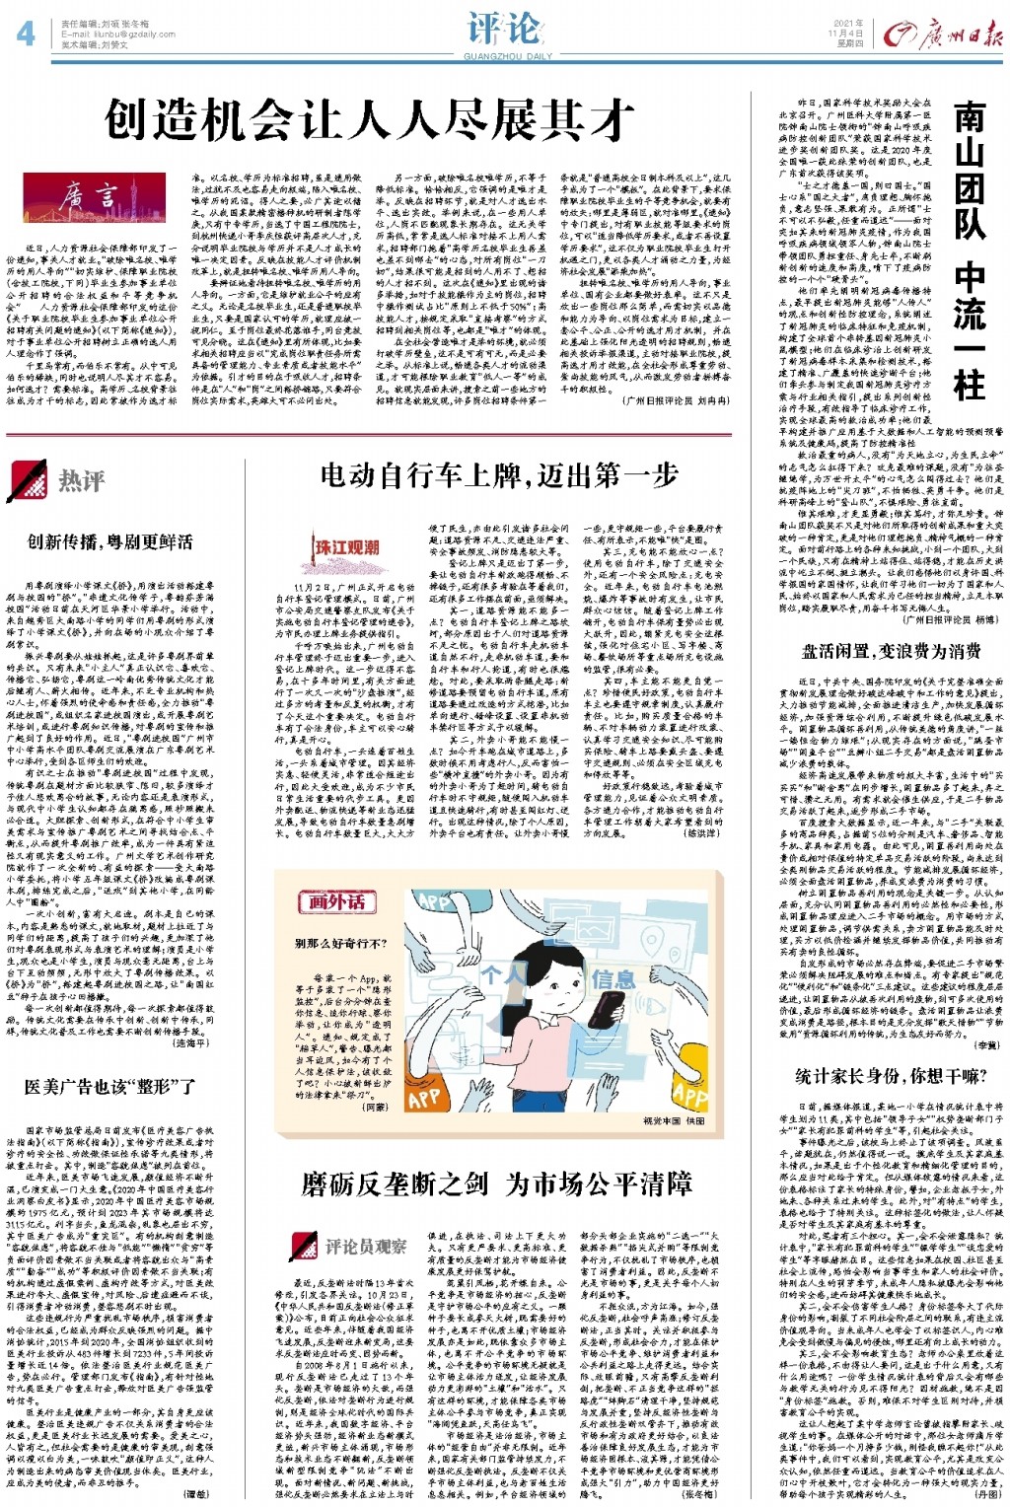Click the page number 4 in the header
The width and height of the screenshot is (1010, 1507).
pyautogui.click(x=26, y=36)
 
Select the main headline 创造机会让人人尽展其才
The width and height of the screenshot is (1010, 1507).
pyautogui.click(x=370, y=121)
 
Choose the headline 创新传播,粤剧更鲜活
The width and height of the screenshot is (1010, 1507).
pyautogui.click(x=109, y=541)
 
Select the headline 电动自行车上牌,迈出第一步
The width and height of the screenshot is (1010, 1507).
pyautogui.click(x=499, y=476)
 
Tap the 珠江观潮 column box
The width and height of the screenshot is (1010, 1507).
pyautogui.click(x=346, y=547)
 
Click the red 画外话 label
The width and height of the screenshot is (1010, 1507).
pyautogui.click(x=336, y=901)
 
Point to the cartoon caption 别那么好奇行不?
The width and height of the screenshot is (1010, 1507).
pyautogui.click(x=341, y=944)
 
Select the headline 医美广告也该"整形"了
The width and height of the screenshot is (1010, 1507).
pyautogui.click(x=109, y=1087)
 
